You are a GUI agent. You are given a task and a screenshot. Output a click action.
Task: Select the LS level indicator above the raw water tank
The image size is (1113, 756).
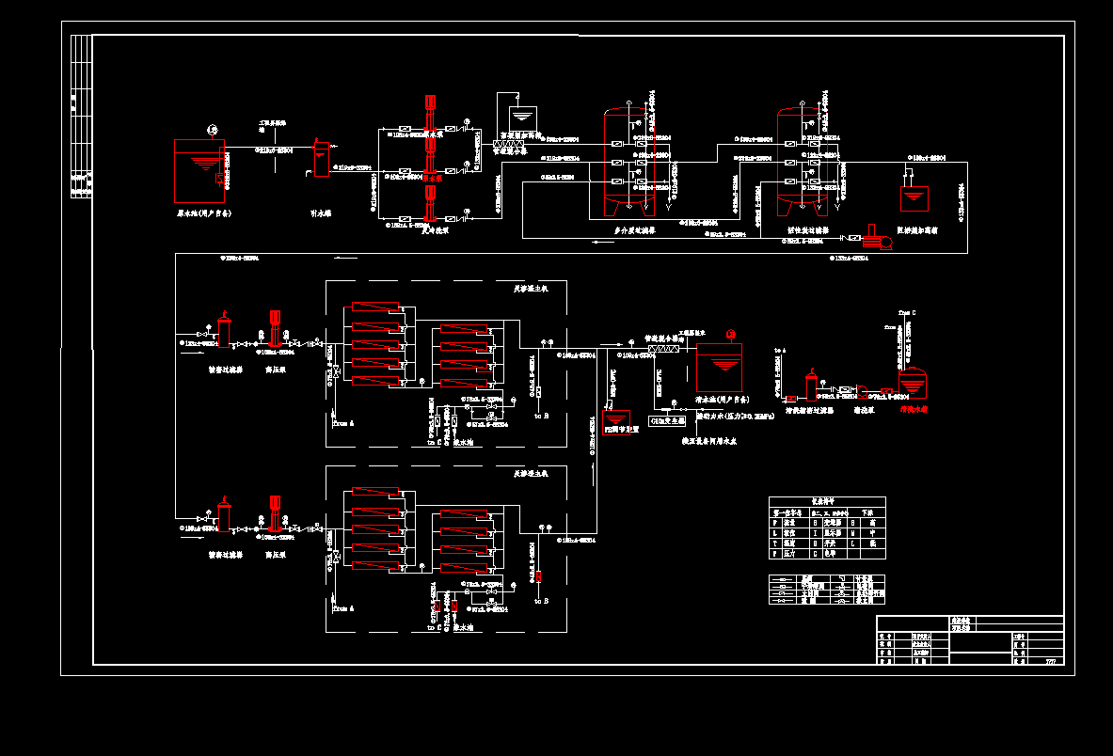[x=212, y=130]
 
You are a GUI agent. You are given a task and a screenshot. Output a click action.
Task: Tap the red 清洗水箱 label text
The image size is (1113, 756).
[x=914, y=410]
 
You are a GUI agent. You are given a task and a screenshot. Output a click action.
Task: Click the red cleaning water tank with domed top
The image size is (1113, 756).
[x=912, y=382]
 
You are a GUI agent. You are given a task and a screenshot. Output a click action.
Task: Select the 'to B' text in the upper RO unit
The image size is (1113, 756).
[x=542, y=415]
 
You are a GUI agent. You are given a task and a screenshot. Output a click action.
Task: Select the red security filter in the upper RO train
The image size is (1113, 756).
[x=224, y=332]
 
